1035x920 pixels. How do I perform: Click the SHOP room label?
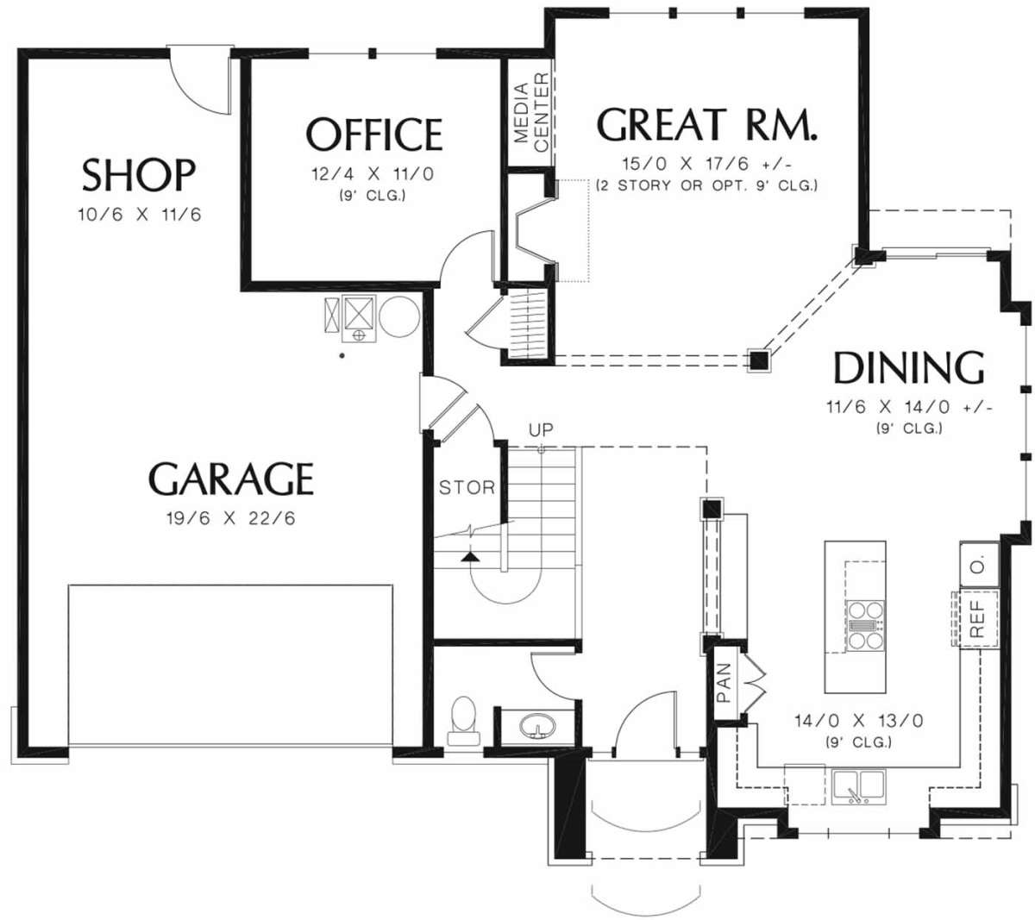pyautogui.click(x=139, y=175)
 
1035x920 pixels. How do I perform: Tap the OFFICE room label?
pyautogui.click(x=374, y=134)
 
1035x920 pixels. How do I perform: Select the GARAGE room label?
pyautogui.click(x=231, y=479)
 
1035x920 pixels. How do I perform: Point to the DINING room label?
pyautogui.click(x=909, y=367)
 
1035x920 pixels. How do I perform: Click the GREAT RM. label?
pyautogui.click(x=707, y=124)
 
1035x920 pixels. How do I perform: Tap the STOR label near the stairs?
pyautogui.click(x=467, y=487)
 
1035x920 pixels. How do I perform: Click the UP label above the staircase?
pyautogui.click(x=541, y=430)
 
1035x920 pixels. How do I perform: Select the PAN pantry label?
pyautogui.click(x=724, y=683)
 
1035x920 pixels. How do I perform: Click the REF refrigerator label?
pyautogui.click(x=976, y=618)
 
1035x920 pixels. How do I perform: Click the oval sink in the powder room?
pyautogui.click(x=537, y=725)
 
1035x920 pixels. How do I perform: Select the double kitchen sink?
pyautogui.click(x=858, y=786)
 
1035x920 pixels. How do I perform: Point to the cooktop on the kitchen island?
pyautogui.click(x=865, y=625)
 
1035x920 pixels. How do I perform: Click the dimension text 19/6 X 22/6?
pyautogui.click(x=231, y=518)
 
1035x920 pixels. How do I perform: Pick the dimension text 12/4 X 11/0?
pyautogui.click(x=373, y=174)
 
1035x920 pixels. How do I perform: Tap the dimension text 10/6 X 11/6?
pyautogui.click(x=140, y=214)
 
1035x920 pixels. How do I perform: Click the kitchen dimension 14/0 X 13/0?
pyautogui.click(x=859, y=721)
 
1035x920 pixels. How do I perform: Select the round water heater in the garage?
pyautogui.click(x=399, y=316)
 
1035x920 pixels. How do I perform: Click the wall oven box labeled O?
pyautogui.click(x=979, y=564)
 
